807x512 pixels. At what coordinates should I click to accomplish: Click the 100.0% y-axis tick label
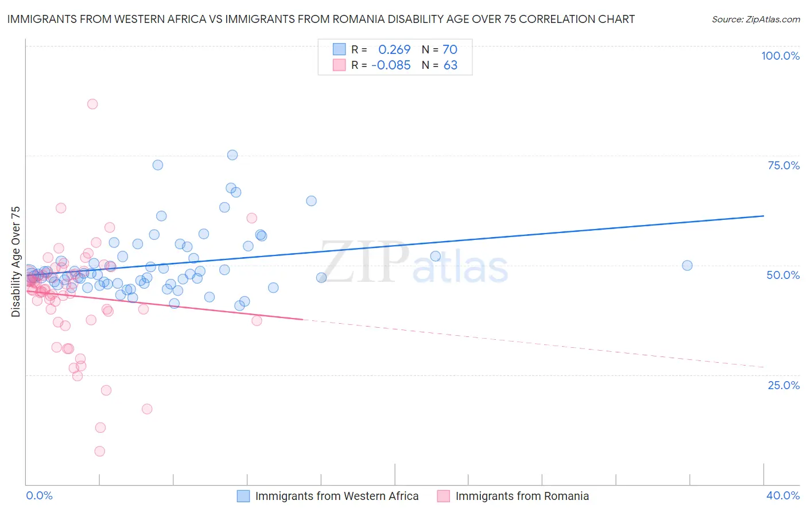coord(780,56)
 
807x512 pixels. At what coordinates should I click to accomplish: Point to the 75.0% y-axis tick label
coord(783,165)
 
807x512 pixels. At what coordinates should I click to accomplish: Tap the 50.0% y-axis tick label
coord(783,275)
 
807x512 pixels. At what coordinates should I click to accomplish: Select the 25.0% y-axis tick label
coord(783,385)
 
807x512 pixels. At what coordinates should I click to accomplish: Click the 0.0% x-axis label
coord(39,495)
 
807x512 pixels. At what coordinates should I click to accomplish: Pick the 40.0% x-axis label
coord(783,495)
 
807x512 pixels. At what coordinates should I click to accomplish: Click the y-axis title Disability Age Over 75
coord(15,261)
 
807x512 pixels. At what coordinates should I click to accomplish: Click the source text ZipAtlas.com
coord(756,20)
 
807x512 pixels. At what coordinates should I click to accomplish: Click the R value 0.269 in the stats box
coord(394,49)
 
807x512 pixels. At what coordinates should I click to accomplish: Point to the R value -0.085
coord(391,65)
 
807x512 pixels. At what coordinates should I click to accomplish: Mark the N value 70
coord(450,49)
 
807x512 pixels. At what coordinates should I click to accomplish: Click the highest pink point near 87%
coord(92,104)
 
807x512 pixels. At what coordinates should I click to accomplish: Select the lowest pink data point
coord(100,451)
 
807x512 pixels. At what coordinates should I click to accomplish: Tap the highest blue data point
coord(232,155)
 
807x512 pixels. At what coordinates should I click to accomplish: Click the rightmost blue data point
coord(687,265)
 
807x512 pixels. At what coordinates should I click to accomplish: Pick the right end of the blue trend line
coord(763,216)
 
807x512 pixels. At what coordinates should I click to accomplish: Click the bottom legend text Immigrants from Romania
coord(522,496)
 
